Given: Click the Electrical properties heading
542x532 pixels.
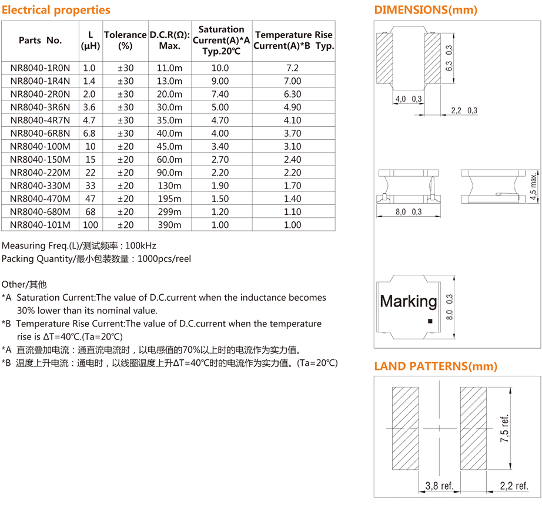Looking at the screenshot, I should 56,10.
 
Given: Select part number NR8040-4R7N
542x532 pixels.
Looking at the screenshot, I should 40,120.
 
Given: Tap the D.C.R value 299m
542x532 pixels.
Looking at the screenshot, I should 169,212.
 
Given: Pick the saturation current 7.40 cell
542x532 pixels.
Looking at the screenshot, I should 220,94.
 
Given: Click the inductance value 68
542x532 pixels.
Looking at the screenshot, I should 90,212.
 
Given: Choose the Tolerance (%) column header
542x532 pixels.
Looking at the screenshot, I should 125,40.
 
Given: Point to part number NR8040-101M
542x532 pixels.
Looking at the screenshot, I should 40,225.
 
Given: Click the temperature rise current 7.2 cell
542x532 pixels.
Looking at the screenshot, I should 293,68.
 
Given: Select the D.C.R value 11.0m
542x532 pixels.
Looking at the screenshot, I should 169,68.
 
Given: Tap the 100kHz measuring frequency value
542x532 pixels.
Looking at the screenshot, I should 141,245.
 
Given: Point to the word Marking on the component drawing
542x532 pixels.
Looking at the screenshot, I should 409,302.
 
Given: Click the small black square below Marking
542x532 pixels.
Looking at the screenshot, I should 430,321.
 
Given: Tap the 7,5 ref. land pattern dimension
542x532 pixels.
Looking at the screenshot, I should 504,429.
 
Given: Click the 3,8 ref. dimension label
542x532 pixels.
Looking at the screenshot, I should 439,486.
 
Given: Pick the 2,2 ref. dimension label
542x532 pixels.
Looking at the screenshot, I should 514,486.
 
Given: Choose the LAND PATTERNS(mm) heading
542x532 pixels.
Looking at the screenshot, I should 436,366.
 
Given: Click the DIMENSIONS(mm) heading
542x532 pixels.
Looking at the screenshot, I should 426,10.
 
